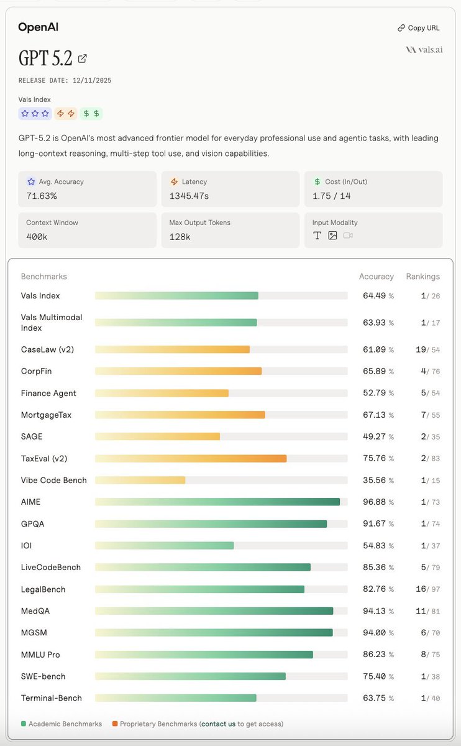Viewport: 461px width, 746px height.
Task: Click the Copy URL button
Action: pyautogui.click(x=420, y=28)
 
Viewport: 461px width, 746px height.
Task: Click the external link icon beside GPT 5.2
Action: pyautogui.click(x=82, y=58)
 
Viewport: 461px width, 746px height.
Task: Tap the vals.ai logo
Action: pyautogui.click(x=424, y=50)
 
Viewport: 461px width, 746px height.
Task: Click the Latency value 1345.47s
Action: pyautogui.click(x=188, y=196)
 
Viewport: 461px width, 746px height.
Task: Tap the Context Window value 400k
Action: pyautogui.click(x=36, y=237)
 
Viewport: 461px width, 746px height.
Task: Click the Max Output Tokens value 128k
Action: pyautogui.click(x=179, y=237)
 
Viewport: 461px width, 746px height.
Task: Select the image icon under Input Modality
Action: pyautogui.click(x=332, y=236)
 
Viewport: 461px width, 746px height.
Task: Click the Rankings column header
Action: pyautogui.click(x=422, y=277)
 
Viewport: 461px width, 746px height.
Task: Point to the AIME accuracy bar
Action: pyautogui.click(x=217, y=502)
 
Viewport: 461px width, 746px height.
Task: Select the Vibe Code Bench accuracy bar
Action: pyautogui.click(x=140, y=480)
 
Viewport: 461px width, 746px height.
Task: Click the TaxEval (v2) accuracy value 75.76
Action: pyautogui.click(x=374, y=459)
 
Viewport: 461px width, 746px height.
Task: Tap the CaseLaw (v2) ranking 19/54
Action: pyautogui.click(x=427, y=350)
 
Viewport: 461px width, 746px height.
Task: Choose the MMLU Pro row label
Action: pyautogui.click(x=40, y=655)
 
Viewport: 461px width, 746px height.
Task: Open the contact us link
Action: pyautogui.click(x=218, y=724)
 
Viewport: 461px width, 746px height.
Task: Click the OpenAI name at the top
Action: pyautogui.click(x=38, y=27)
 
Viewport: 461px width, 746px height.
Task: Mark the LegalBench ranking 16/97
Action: pyautogui.click(x=427, y=589)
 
